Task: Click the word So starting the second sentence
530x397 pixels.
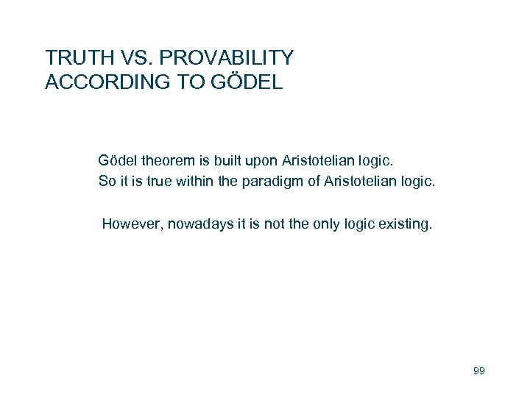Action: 107,181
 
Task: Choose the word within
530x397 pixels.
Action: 192,181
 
